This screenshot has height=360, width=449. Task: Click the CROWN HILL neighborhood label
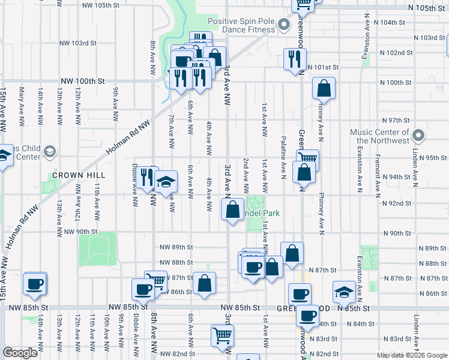(79, 175)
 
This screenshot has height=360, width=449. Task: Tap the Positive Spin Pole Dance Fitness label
(241, 25)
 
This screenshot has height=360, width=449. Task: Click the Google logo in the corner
(20, 353)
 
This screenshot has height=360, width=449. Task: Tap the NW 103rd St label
(78, 43)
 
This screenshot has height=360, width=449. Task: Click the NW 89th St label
(176, 247)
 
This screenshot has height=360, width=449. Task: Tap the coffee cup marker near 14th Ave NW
(35, 284)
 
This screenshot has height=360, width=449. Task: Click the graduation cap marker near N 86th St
(344, 292)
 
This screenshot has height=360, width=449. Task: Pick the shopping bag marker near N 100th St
(324, 88)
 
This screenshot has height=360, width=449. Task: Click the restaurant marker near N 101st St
(294, 59)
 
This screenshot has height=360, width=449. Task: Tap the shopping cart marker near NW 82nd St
(221, 335)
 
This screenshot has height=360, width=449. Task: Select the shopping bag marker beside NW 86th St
(204, 283)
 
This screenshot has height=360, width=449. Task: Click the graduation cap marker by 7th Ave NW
(166, 181)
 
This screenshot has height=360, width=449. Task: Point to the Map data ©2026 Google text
(411, 355)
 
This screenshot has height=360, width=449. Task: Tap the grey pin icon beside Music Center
(418, 136)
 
